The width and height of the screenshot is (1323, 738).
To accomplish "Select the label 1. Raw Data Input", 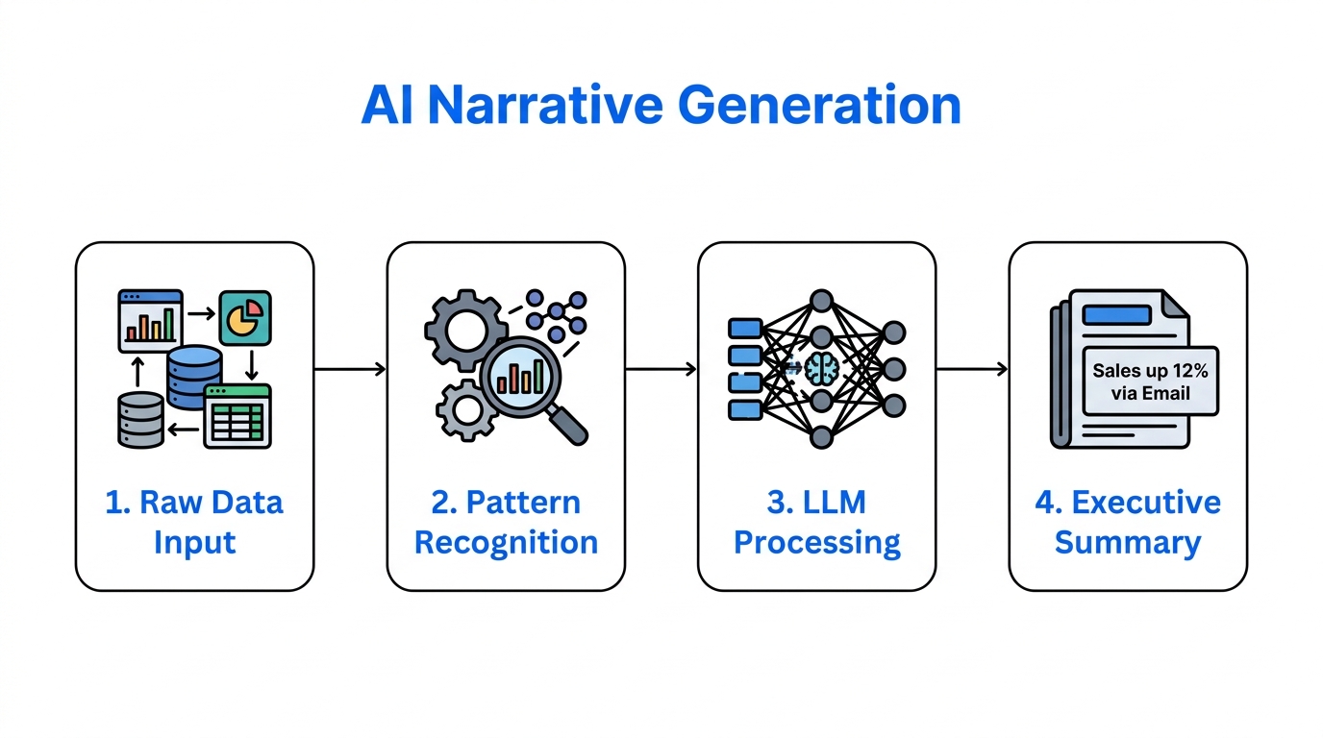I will (194, 522).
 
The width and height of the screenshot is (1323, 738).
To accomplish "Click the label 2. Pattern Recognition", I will (506, 522).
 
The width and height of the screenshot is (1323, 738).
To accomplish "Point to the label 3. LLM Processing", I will (816, 522).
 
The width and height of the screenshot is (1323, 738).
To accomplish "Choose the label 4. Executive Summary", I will (1128, 522).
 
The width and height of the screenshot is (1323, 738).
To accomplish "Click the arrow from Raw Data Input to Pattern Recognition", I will (350, 369).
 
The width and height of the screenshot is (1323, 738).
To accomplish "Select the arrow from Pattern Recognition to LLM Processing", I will (661, 369).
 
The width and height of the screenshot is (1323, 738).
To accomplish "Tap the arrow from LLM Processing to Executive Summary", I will (972, 369).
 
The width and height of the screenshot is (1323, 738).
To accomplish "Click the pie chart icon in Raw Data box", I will (245, 318).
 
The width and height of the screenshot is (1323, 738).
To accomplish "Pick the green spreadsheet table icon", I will (237, 416).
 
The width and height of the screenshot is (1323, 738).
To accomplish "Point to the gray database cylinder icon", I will (140, 419).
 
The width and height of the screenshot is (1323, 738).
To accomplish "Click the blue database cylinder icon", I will (194, 377).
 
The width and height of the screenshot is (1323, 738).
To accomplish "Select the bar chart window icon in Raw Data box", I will (150, 320).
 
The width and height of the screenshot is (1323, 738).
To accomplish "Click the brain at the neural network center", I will (820, 369).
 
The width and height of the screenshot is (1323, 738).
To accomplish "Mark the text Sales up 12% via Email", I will (1150, 381).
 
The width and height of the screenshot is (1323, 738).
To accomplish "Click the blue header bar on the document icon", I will (1115, 315).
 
